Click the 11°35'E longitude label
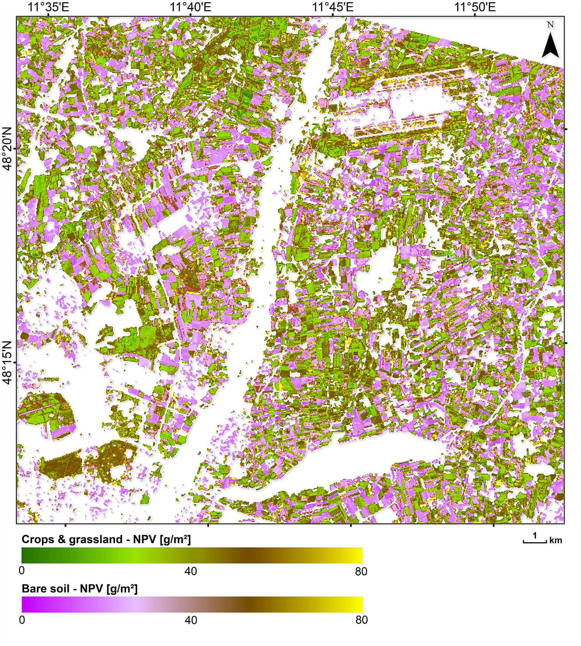48,7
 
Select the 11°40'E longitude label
190,7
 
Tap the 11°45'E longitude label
333,7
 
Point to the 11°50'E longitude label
475,7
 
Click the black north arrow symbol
550,45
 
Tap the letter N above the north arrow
551,25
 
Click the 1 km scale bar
535,542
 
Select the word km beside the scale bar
556,540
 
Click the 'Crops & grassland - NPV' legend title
106,539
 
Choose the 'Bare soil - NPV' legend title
80,589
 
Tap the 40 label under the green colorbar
191,571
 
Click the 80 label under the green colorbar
361,571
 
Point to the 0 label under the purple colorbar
22,620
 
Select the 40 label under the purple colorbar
191,620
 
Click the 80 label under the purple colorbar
361,620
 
